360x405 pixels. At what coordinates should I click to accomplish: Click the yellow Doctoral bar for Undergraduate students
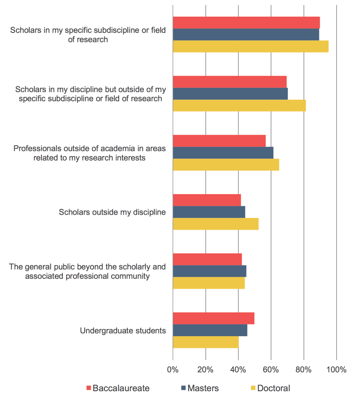(x=205, y=342)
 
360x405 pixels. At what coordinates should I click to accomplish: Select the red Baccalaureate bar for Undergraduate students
(x=213, y=318)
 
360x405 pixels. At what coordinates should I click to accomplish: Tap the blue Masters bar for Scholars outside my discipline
(x=209, y=212)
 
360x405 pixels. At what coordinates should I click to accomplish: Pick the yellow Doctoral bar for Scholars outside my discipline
(x=215, y=224)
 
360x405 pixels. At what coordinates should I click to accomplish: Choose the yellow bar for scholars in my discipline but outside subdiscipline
(x=239, y=106)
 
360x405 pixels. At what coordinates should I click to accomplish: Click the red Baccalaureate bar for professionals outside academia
(x=219, y=141)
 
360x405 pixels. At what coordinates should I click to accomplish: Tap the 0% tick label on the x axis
(x=173, y=370)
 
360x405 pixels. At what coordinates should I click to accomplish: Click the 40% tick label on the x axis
(x=238, y=370)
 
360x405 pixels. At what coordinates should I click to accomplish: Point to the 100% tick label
(x=336, y=370)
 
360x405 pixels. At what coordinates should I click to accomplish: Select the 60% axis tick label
(x=271, y=370)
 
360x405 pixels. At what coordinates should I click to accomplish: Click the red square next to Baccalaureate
(x=89, y=388)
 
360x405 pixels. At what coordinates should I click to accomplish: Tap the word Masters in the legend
(x=203, y=388)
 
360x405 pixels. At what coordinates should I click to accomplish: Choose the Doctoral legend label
(x=273, y=388)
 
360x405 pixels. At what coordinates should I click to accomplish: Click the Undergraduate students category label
(x=123, y=331)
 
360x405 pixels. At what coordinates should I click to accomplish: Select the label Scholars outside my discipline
(x=112, y=212)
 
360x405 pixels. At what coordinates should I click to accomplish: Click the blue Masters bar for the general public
(x=209, y=271)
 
